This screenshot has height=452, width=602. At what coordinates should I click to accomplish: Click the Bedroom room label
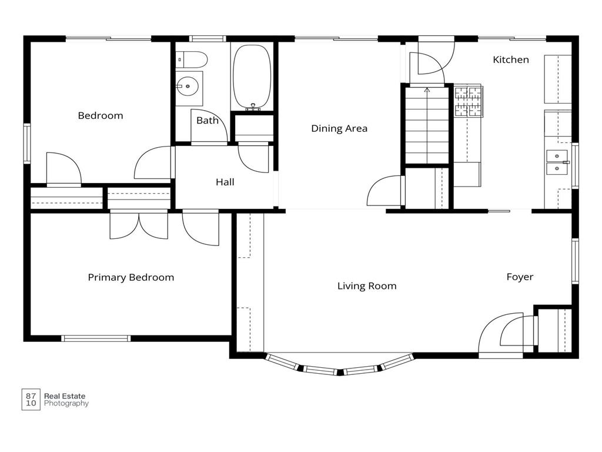(101, 116)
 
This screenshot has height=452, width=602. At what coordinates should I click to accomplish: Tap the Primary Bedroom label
(131, 278)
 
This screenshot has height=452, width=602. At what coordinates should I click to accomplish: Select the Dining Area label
(339, 128)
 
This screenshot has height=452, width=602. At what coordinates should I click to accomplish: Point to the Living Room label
(367, 286)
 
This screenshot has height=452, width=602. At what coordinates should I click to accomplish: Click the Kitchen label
(511, 59)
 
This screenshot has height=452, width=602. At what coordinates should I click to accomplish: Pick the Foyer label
(520, 277)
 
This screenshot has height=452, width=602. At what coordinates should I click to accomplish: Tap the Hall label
(225, 182)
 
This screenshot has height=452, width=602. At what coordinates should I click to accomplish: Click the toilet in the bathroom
(192, 59)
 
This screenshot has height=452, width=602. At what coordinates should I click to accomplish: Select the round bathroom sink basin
(188, 86)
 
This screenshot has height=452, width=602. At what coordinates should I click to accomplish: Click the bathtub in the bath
(252, 77)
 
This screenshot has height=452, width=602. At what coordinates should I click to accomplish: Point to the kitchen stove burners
(469, 101)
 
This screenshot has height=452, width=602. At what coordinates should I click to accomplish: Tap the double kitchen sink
(557, 162)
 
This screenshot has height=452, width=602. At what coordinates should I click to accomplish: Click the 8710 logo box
(31, 400)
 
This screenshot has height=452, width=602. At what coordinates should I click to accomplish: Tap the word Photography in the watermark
(66, 404)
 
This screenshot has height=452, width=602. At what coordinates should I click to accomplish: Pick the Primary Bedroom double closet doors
(139, 225)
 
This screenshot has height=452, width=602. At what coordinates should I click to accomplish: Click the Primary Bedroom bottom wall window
(96, 338)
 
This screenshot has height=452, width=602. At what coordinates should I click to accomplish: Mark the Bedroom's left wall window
(27, 144)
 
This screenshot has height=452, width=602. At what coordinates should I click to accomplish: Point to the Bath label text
(208, 121)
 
